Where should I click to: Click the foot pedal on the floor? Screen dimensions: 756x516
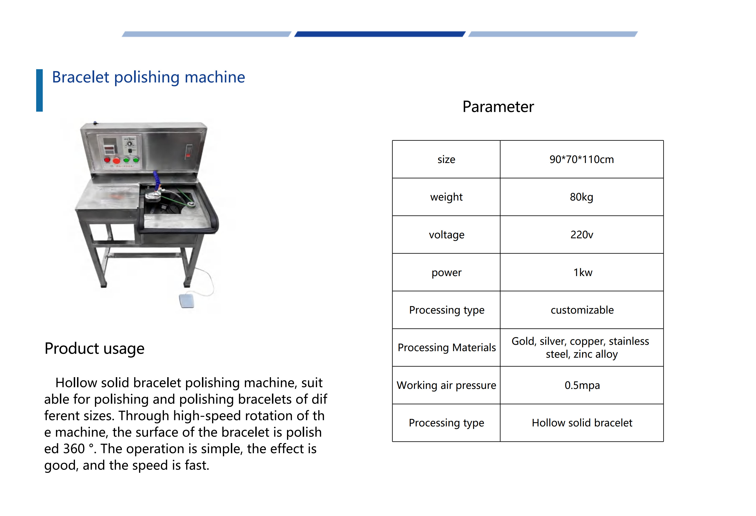187,301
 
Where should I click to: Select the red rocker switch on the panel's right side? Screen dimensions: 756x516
189,152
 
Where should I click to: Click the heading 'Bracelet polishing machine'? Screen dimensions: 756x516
148,77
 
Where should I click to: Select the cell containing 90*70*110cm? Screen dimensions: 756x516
582,159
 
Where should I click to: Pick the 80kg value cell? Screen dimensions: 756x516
582,197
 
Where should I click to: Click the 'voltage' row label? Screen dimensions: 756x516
446,235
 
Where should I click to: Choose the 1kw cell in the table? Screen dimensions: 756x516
582,272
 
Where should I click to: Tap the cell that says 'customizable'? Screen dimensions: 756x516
582,310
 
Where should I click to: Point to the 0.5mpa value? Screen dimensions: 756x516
582,385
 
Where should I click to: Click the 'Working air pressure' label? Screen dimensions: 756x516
446,385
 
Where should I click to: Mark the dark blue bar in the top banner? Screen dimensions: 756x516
380,34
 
